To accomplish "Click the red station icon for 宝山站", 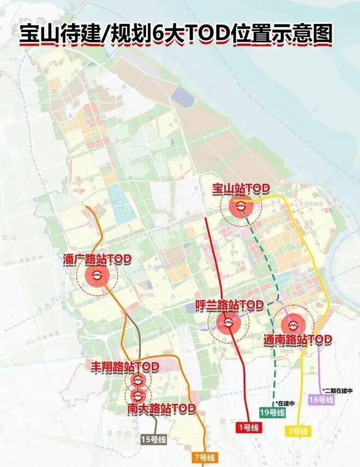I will click(x=241, y=207).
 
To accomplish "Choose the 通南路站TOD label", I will click(x=297, y=339).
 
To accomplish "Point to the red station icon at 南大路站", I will click(x=137, y=394).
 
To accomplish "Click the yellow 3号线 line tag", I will click(x=298, y=431).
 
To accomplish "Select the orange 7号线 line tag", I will click(x=203, y=457).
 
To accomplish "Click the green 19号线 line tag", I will click(x=272, y=414).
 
